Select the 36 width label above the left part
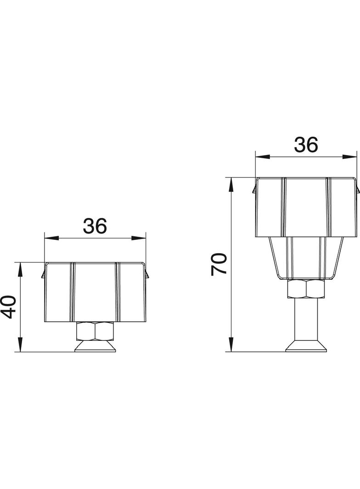[x=95, y=225]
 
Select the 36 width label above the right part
[x=306, y=145]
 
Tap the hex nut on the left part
[x=95, y=330]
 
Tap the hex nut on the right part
[x=306, y=289]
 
